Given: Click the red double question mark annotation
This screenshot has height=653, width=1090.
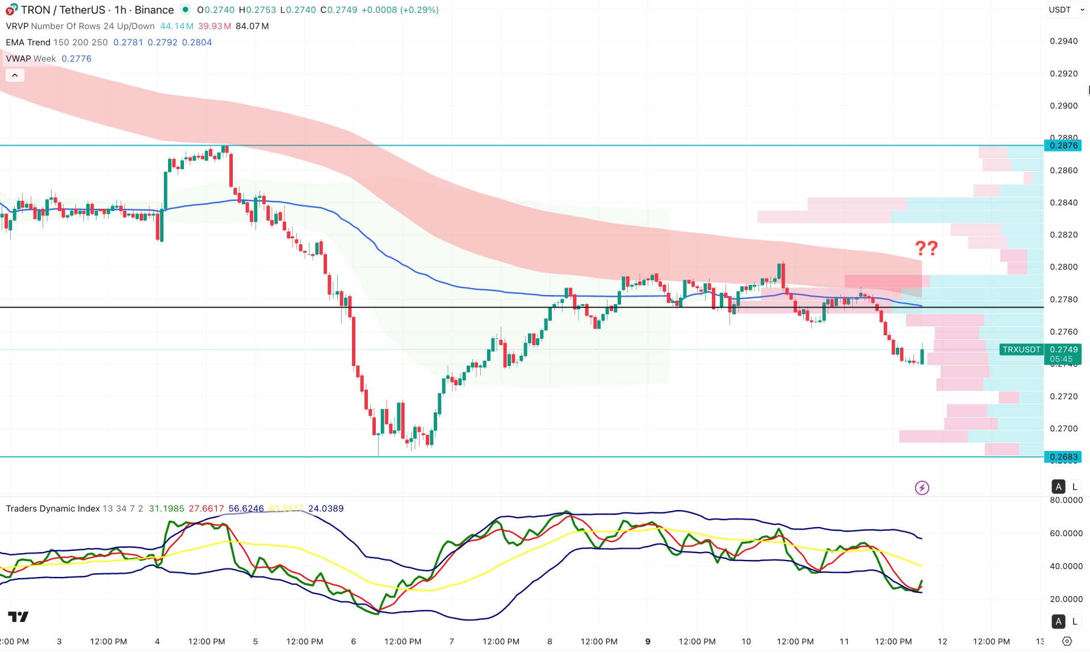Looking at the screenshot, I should click(x=926, y=248).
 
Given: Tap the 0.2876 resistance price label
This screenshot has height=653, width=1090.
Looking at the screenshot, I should click(x=1063, y=146).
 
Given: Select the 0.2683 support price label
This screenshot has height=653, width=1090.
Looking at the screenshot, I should click(x=1063, y=457).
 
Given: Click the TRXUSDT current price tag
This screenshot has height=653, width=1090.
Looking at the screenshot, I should click(x=1021, y=349).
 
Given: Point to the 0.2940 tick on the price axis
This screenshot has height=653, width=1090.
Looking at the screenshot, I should click(x=1063, y=41).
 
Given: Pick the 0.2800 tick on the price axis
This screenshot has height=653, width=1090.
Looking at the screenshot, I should click(x=1063, y=267).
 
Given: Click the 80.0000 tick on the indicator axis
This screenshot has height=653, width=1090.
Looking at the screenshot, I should click(x=1066, y=500).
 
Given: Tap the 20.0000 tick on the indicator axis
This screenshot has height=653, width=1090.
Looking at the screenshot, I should click(x=1066, y=599).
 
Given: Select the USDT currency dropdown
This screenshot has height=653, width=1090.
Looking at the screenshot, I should click(x=1066, y=10).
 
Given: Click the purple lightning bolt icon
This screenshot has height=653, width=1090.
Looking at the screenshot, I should click(x=922, y=488).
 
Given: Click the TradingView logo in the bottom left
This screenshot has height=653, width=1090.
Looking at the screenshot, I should click(x=18, y=617).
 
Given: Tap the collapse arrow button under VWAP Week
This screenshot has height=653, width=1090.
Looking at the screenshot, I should click(x=15, y=75).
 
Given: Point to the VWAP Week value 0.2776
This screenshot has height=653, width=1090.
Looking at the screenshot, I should click(x=76, y=59).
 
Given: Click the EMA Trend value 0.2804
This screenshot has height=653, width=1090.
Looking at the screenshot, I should click(x=196, y=43).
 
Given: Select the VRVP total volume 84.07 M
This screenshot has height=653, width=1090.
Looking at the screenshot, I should click(x=252, y=26).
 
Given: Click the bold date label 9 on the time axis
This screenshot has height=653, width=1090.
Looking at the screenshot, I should click(x=648, y=642).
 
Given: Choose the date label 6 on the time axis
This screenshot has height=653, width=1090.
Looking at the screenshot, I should click(x=354, y=642).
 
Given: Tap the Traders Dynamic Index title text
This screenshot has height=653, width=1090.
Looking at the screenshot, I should click(x=53, y=509).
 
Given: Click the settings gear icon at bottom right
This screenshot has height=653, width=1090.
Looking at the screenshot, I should click(x=1067, y=641).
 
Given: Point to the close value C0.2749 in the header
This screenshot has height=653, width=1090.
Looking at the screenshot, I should click(x=339, y=10).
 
